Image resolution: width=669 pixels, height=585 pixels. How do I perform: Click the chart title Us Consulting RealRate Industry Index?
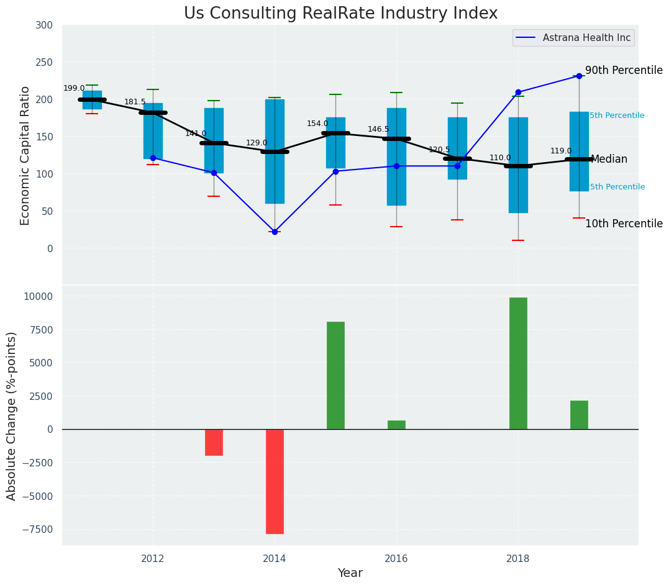click(340, 14)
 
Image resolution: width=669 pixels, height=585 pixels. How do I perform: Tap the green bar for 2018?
click(518, 363)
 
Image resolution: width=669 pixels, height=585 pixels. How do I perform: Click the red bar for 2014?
click(275, 481)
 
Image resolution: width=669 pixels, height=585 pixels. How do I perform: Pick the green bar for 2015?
click(335, 375)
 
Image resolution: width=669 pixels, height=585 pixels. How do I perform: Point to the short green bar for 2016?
click(396, 425)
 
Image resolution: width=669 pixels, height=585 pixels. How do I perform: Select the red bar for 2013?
click(214, 442)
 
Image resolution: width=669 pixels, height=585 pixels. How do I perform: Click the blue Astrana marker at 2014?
click(275, 232)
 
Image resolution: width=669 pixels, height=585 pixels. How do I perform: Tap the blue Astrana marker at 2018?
click(518, 92)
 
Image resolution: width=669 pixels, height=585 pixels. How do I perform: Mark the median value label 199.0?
click(74, 88)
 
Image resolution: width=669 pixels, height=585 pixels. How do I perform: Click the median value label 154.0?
click(317, 124)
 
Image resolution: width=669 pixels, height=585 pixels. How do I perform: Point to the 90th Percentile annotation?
click(624, 71)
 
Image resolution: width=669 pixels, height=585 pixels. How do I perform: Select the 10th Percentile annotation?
click(624, 224)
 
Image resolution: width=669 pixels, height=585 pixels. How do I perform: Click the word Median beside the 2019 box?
click(609, 160)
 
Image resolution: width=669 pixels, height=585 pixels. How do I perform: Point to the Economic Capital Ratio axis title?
click(25, 155)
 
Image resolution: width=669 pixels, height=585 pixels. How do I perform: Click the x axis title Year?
click(350, 573)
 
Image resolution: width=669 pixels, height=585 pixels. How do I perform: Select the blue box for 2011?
click(92, 100)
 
